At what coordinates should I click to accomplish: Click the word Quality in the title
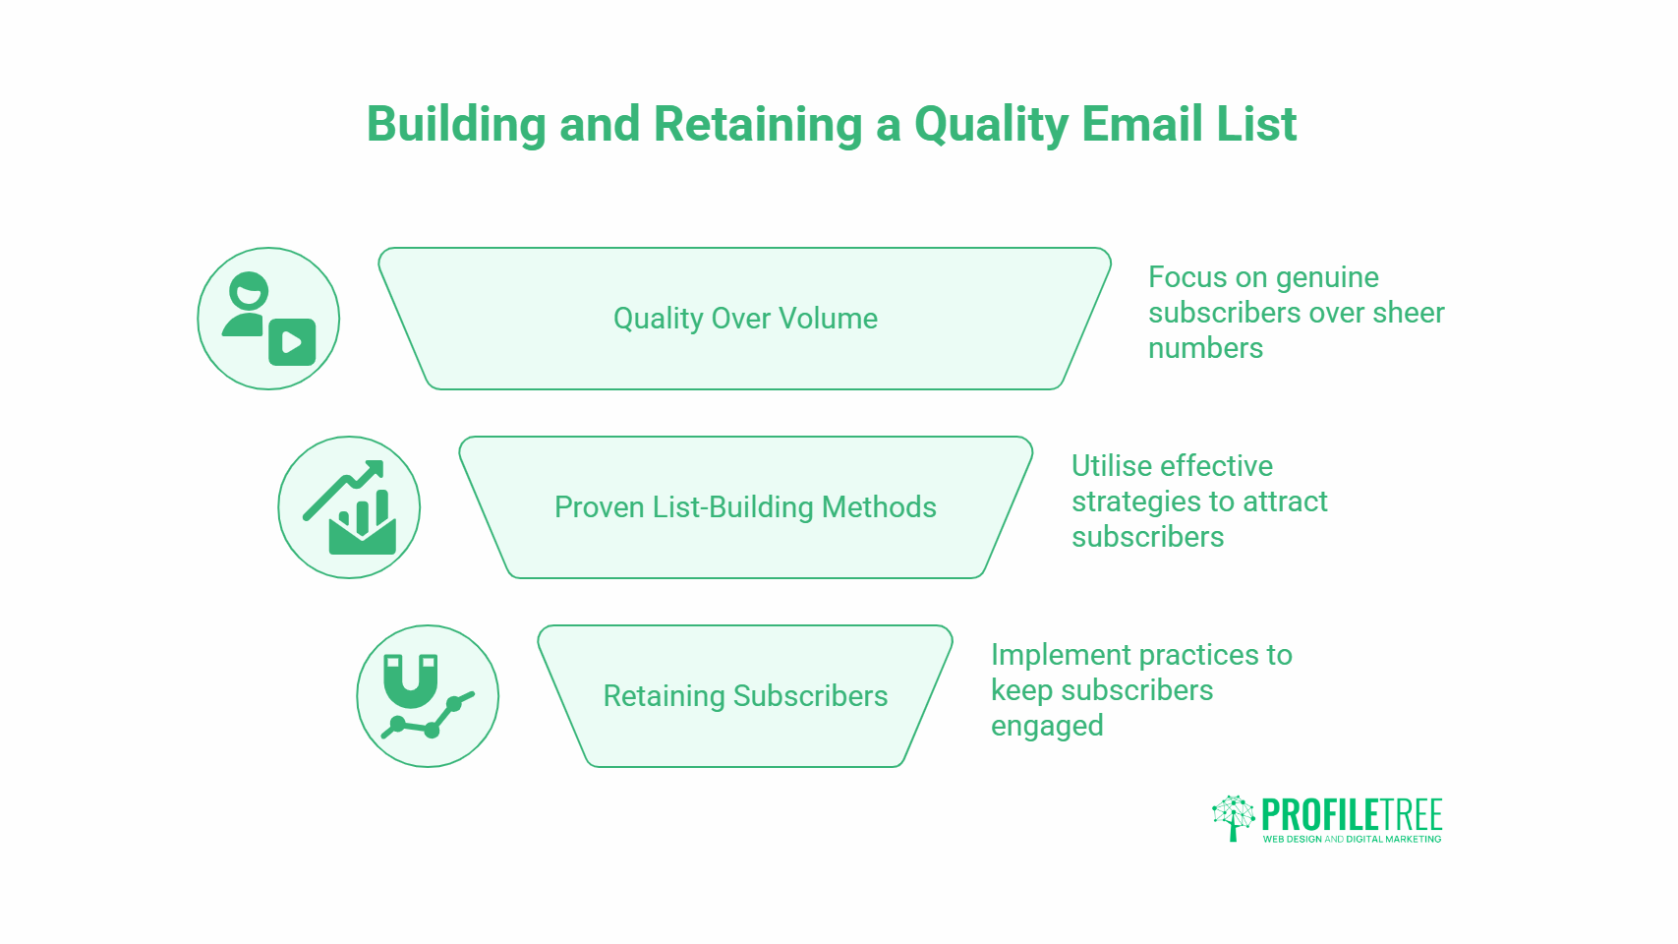click(x=991, y=126)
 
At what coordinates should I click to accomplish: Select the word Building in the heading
click(x=456, y=126)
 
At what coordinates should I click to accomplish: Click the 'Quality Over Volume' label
click(x=745, y=319)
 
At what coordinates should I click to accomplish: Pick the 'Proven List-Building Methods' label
click(x=745, y=507)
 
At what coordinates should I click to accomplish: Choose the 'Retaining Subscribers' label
click(x=745, y=696)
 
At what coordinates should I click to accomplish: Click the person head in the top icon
click(x=249, y=291)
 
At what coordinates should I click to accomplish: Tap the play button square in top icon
click(x=292, y=342)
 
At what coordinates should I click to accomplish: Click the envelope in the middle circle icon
click(x=362, y=536)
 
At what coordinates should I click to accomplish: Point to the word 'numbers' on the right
click(x=1205, y=348)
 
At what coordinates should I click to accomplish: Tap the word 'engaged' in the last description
click(x=1047, y=727)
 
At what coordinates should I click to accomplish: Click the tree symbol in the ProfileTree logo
click(x=1233, y=817)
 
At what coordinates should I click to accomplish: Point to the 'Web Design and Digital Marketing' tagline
click(x=1352, y=839)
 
